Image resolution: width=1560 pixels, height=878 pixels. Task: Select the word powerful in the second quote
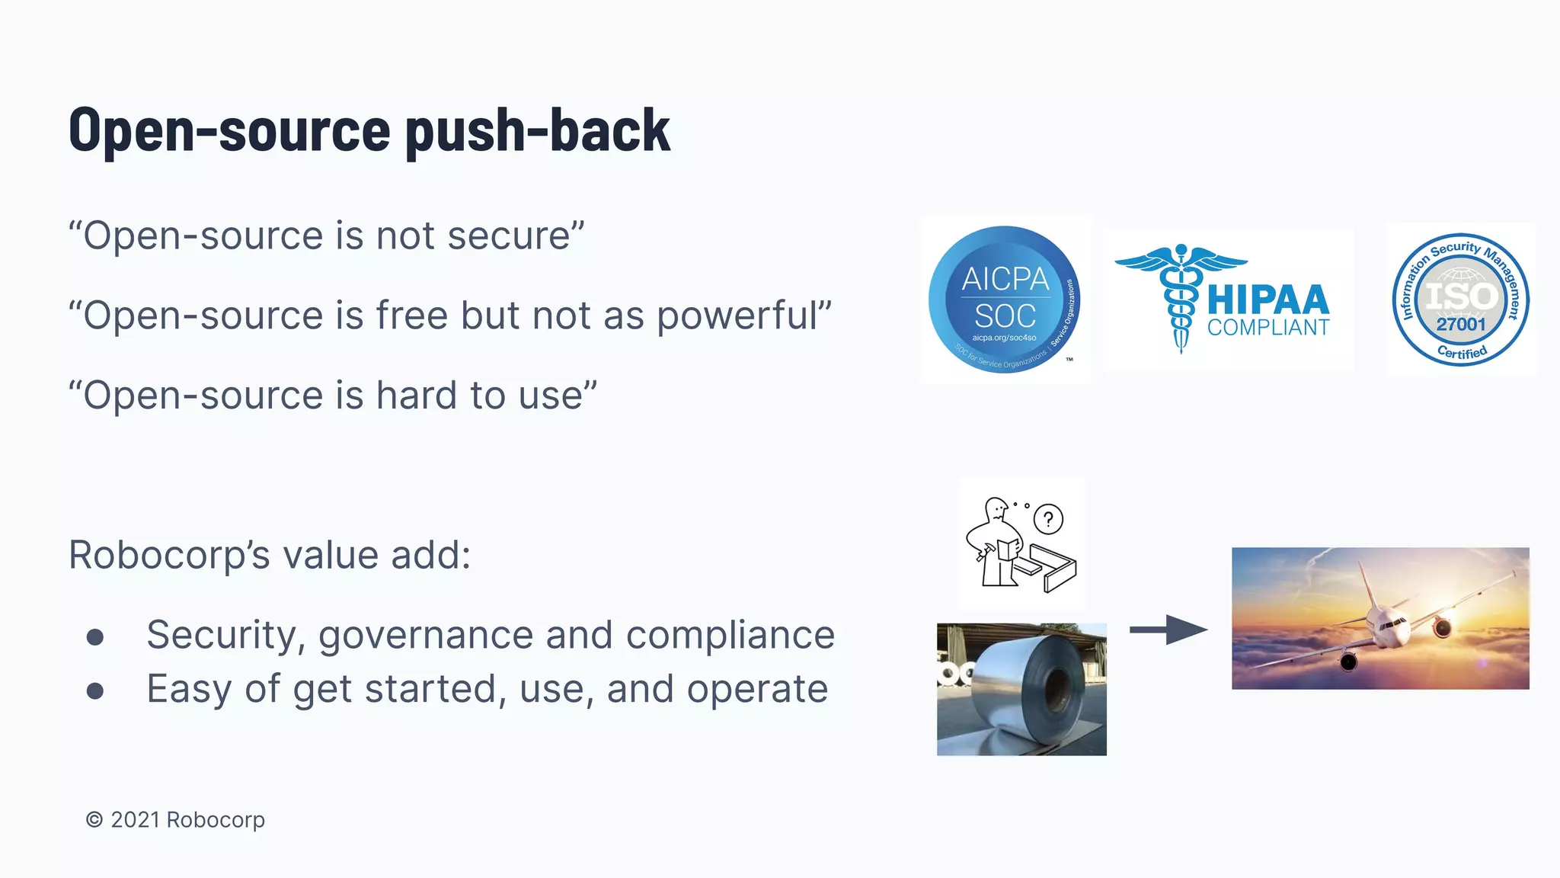(x=737, y=316)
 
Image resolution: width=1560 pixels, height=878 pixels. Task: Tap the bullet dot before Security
(x=95, y=637)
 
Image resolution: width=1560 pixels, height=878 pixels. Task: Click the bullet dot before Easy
(x=95, y=691)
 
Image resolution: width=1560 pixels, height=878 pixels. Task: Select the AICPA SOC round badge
(x=1004, y=300)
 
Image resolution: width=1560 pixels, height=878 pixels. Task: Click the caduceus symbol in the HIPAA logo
(x=1180, y=297)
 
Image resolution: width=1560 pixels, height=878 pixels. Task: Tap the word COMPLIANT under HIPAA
(x=1267, y=328)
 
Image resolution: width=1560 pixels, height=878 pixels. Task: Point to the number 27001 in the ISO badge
(x=1460, y=325)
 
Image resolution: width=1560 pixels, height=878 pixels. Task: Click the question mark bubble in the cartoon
(x=1048, y=520)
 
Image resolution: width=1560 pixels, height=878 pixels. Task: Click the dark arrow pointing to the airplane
(x=1168, y=630)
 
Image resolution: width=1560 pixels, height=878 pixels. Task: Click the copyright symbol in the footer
(x=94, y=820)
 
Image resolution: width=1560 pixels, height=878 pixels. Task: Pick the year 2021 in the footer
(x=135, y=820)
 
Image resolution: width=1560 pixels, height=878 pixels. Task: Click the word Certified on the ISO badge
(x=1462, y=352)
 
